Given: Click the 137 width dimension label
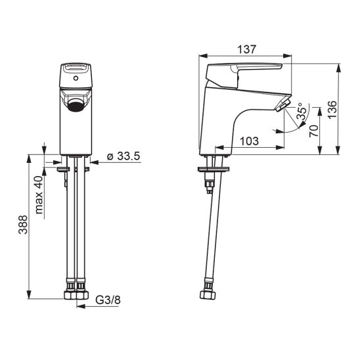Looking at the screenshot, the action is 246,49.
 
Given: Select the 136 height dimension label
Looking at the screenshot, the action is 332,110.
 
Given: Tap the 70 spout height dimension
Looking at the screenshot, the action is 314,131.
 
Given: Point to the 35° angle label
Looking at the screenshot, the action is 302,111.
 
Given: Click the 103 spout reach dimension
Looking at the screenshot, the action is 250,141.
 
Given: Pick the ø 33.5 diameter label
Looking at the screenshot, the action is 124,156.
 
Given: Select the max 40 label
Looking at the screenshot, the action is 39,195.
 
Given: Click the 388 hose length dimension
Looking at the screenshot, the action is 23,225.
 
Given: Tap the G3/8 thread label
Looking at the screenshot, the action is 108,300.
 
